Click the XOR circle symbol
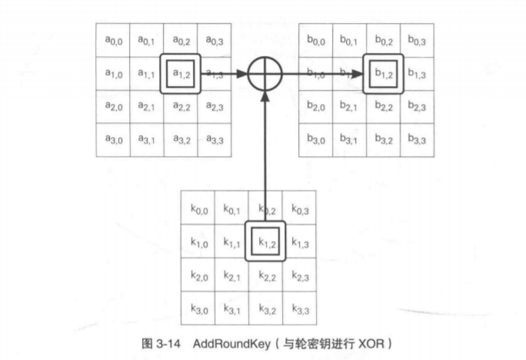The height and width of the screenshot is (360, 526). [265, 74]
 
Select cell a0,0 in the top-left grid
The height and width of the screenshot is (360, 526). [112, 41]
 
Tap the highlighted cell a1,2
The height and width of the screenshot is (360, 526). [181, 74]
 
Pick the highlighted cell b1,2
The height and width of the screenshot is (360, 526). [384, 74]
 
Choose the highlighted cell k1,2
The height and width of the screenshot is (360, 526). [265, 242]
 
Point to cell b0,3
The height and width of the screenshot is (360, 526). [418, 41]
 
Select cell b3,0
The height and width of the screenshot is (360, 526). [315, 140]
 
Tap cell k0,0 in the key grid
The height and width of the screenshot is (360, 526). [197, 208]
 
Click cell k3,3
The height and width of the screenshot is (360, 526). [300, 308]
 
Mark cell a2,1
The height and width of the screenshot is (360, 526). [146, 107]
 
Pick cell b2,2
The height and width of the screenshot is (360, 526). [384, 107]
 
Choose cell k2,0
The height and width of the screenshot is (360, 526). [197, 275]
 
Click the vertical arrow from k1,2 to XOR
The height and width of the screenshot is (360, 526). [265, 154]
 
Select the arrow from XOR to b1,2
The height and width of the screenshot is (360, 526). [323, 74]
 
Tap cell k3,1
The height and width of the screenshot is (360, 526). [231, 308]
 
